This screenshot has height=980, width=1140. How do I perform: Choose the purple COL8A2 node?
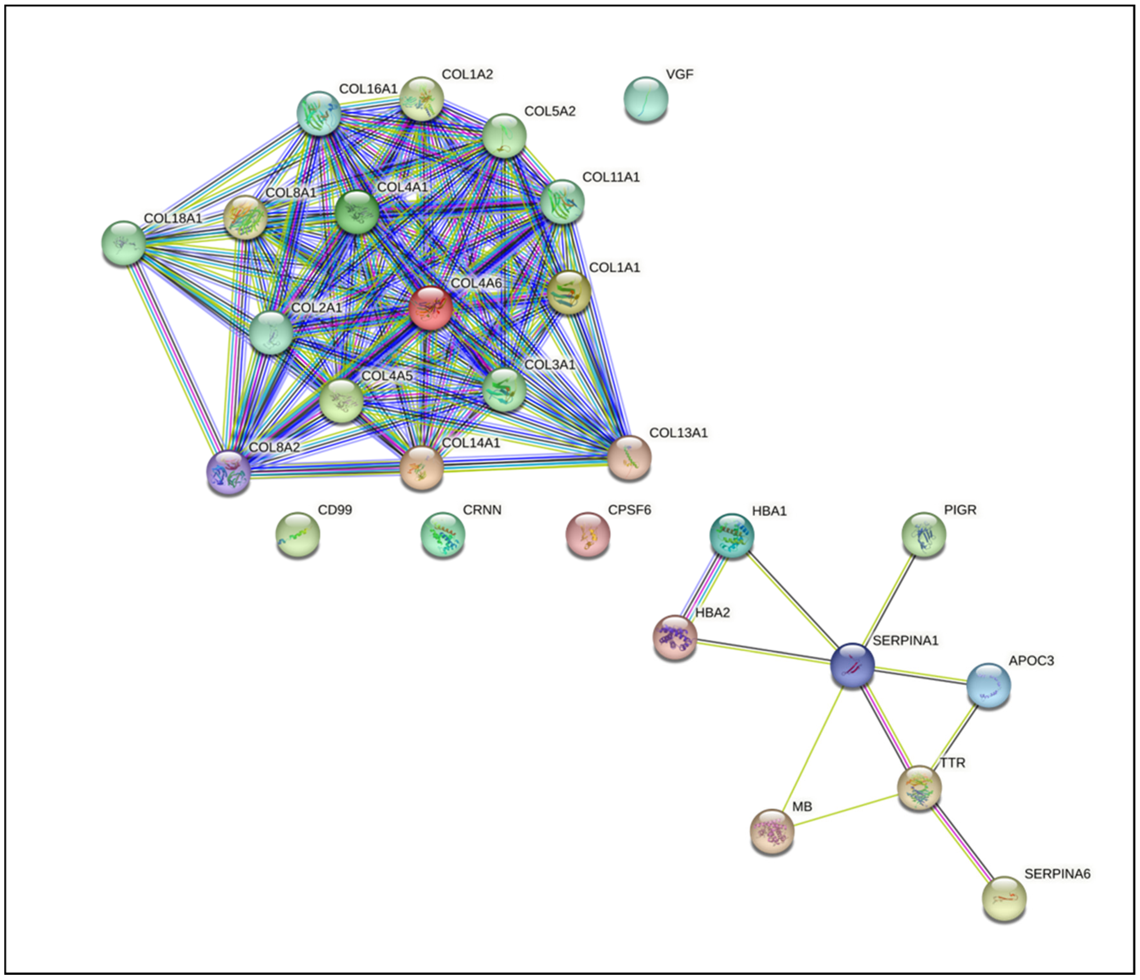tap(228, 472)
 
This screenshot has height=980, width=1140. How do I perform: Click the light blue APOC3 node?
tap(989, 685)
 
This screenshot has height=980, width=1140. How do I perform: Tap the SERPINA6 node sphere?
tap(1004, 899)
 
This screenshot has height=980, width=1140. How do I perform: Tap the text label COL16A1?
tap(368, 89)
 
